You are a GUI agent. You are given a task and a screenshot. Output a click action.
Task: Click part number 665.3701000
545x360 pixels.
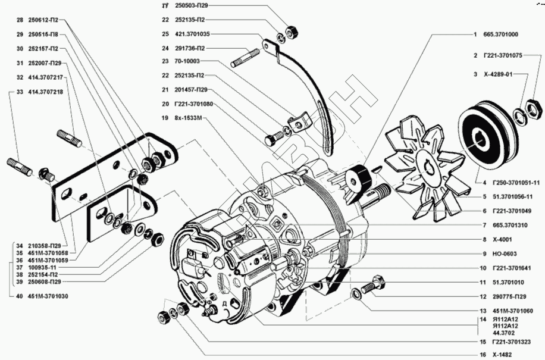point(501,34)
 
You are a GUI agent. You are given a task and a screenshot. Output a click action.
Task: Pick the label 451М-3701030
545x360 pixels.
point(47,296)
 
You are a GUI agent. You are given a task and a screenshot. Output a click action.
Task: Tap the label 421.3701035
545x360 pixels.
point(192,34)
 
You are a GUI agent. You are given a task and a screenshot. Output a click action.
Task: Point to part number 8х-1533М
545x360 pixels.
point(189,118)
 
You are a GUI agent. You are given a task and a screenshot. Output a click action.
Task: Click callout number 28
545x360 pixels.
point(20,20)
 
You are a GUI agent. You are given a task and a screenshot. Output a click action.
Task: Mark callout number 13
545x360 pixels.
point(483,311)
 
